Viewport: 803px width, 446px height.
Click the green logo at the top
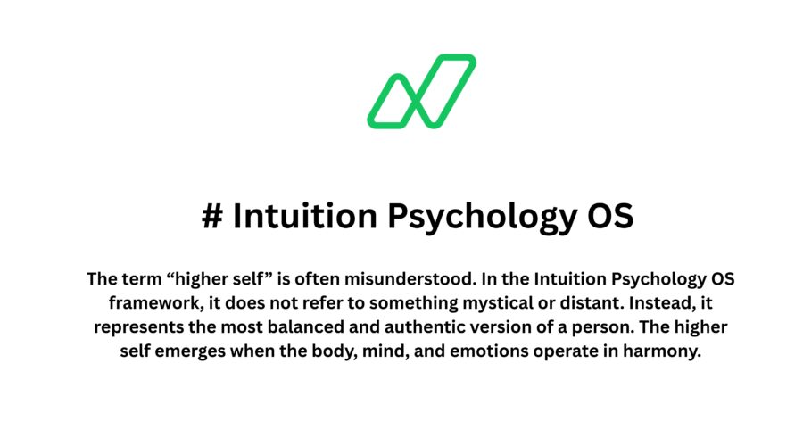coord(422,91)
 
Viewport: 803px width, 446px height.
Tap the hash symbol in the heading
coord(212,217)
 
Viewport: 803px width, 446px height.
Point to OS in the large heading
coord(609,217)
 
